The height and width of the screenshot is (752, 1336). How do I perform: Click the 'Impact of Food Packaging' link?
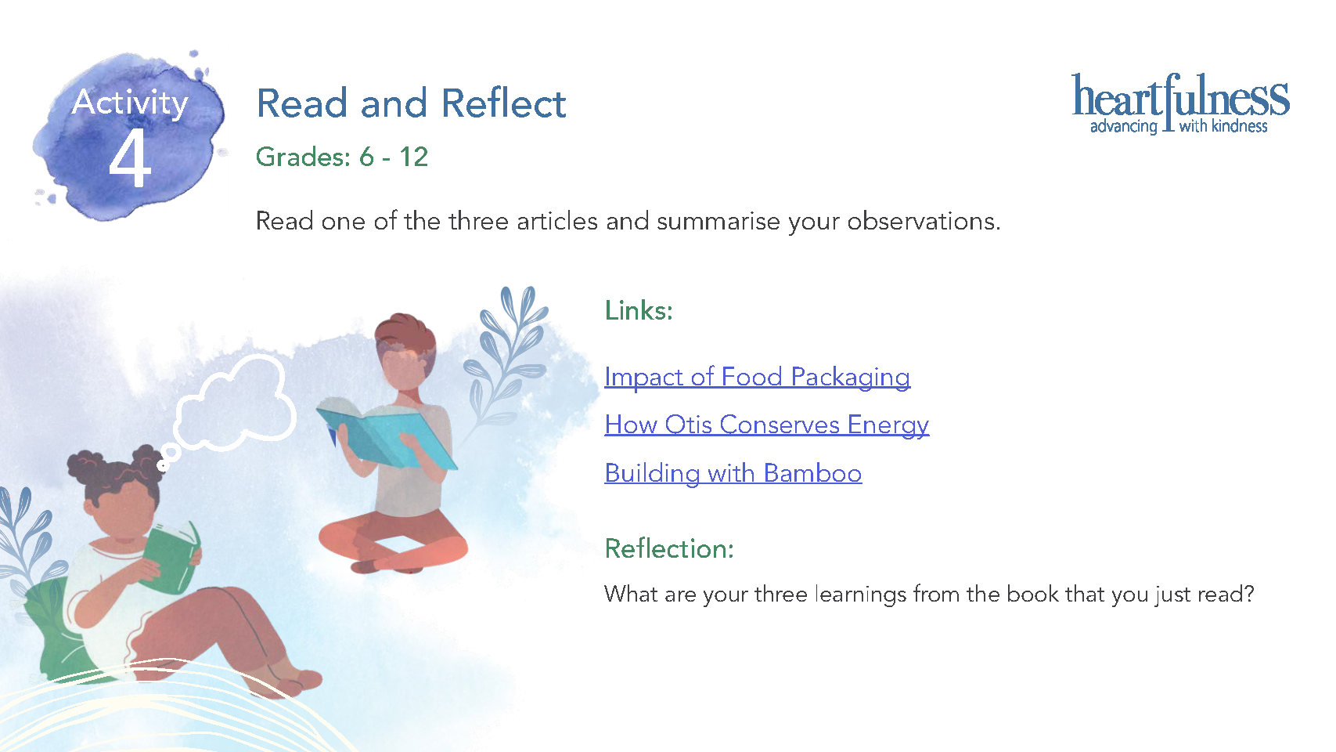click(x=758, y=378)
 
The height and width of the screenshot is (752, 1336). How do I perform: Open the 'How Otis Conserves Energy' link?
click(x=766, y=425)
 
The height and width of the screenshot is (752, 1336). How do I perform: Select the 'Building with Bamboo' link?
click(x=733, y=473)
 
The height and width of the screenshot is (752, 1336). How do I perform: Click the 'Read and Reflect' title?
click(x=411, y=103)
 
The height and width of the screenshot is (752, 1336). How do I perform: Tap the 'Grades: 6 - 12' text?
click(x=342, y=157)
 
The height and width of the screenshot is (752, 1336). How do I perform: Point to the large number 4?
click(x=130, y=158)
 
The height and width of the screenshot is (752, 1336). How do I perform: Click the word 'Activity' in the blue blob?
click(x=130, y=103)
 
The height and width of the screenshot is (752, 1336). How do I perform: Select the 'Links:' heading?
click(x=639, y=310)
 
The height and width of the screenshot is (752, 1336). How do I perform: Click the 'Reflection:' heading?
click(x=669, y=548)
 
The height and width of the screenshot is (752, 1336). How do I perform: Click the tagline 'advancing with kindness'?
click(x=1179, y=126)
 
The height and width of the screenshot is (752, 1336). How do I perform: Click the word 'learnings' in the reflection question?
click(x=859, y=595)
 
